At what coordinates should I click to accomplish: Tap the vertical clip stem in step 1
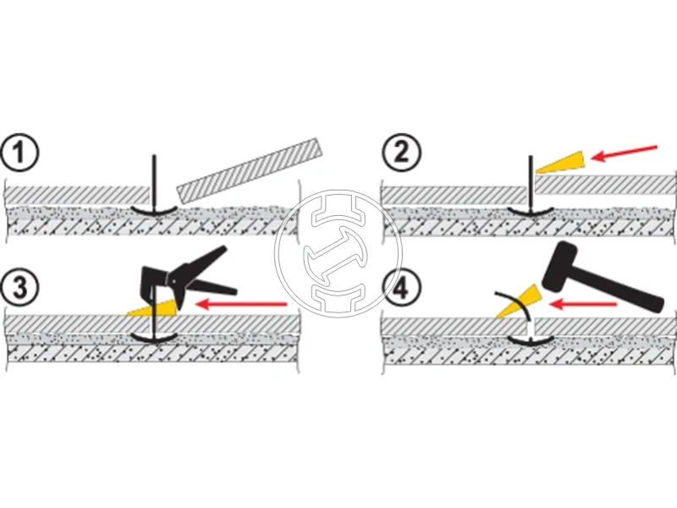point(153,180)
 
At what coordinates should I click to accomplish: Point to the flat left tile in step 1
point(68,194)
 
